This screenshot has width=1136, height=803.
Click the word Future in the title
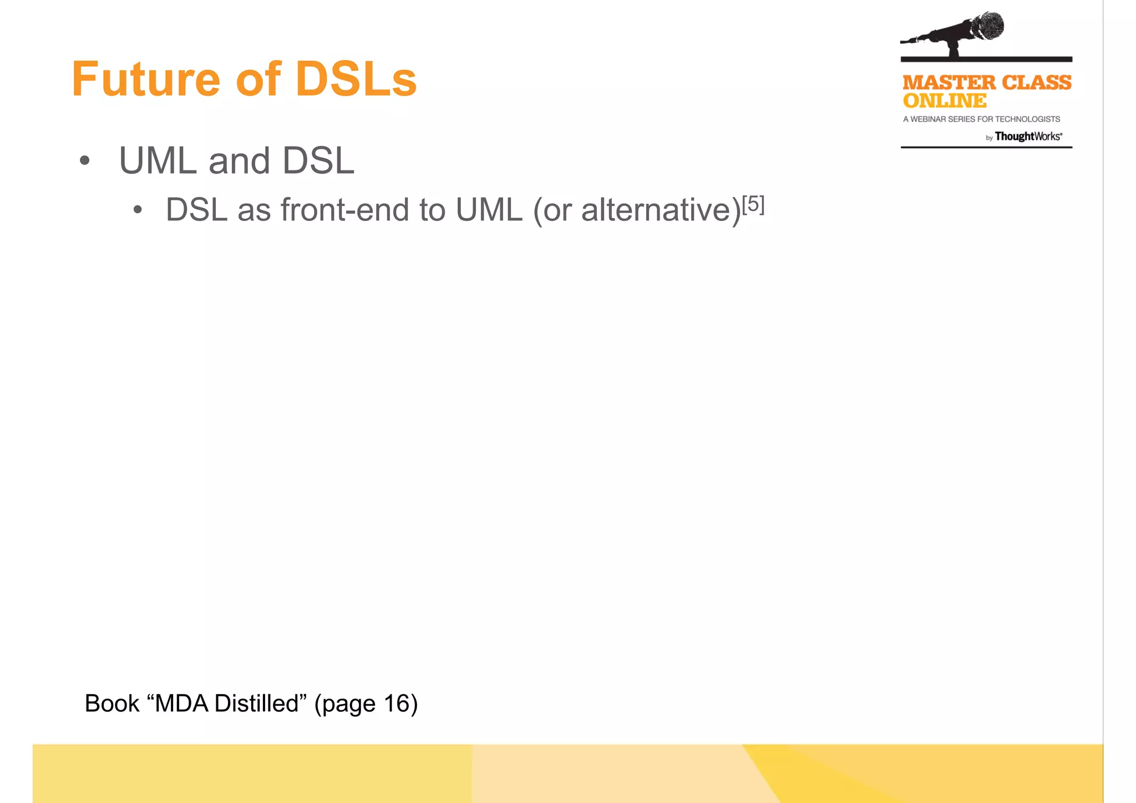click(x=146, y=79)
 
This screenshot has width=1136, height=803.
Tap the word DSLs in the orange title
click(x=356, y=79)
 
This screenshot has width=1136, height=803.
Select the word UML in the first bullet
click(x=158, y=161)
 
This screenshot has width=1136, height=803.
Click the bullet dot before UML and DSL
click(x=84, y=161)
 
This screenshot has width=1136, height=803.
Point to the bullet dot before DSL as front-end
click(x=138, y=210)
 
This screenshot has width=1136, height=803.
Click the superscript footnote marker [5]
click(x=753, y=204)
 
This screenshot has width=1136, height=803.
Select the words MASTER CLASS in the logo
click(x=987, y=83)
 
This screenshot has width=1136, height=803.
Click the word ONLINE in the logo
click(x=945, y=101)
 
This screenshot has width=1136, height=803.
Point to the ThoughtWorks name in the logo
click(x=1028, y=137)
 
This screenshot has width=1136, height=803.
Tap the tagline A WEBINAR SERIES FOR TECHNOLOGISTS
click(x=981, y=119)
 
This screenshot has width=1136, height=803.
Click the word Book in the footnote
click(x=111, y=704)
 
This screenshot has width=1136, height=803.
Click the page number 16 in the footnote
click(x=397, y=704)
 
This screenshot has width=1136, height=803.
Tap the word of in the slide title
click(x=258, y=79)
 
